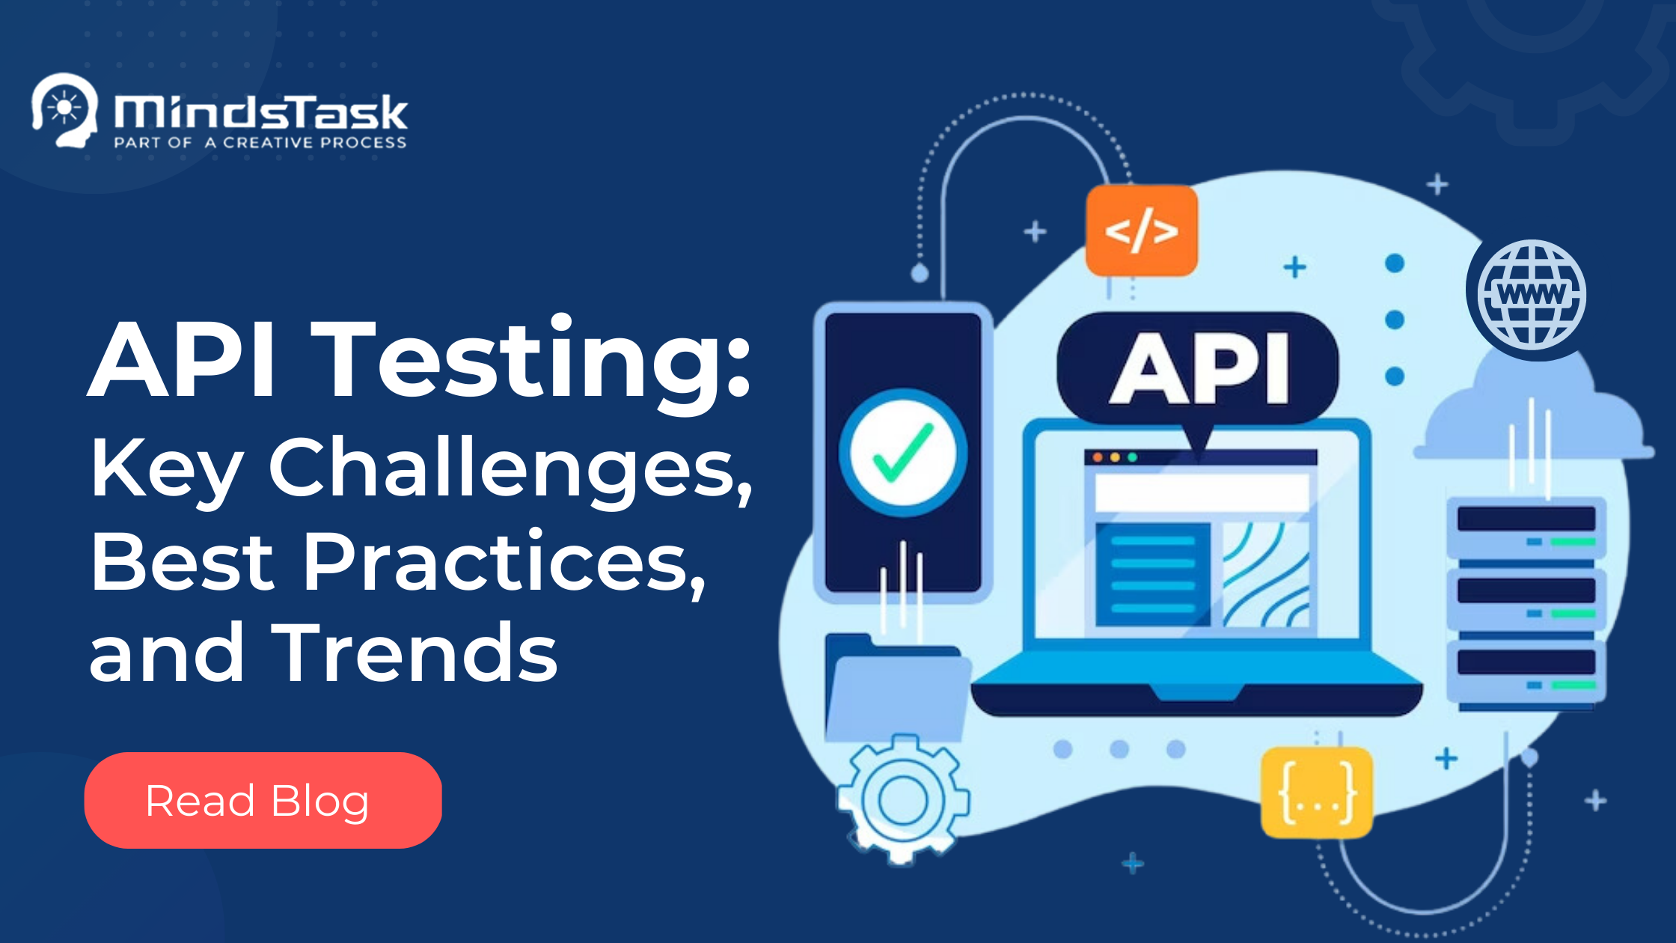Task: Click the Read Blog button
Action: pyautogui.click(x=263, y=800)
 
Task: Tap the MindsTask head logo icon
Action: pyautogui.click(x=65, y=110)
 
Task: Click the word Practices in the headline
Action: pyautogui.click(x=504, y=561)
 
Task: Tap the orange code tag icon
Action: pyautogui.click(x=1142, y=231)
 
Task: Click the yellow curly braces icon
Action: pyautogui.click(x=1317, y=792)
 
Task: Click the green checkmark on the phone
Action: pyautogui.click(x=903, y=452)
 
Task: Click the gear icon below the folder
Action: pyautogui.click(x=902, y=799)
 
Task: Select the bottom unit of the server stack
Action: pyautogui.click(x=1526, y=670)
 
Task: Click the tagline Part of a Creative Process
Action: pyautogui.click(x=260, y=142)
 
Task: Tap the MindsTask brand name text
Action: pyautogui.click(x=260, y=112)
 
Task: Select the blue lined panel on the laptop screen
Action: pyautogui.click(x=1153, y=575)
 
